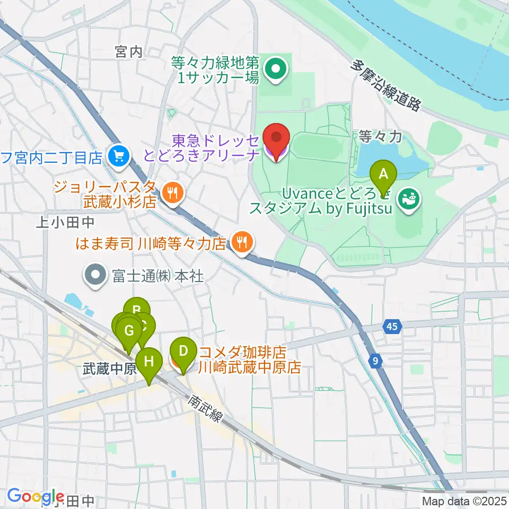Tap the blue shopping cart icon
click(x=118, y=155)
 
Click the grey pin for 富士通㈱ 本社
click(x=95, y=276)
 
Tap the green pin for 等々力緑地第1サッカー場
click(x=275, y=69)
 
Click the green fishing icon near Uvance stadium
click(x=409, y=199)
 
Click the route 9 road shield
click(x=375, y=361)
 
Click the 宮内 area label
click(x=129, y=52)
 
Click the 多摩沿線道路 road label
click(x=386, y=85)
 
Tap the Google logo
click(x=36, y=496)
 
